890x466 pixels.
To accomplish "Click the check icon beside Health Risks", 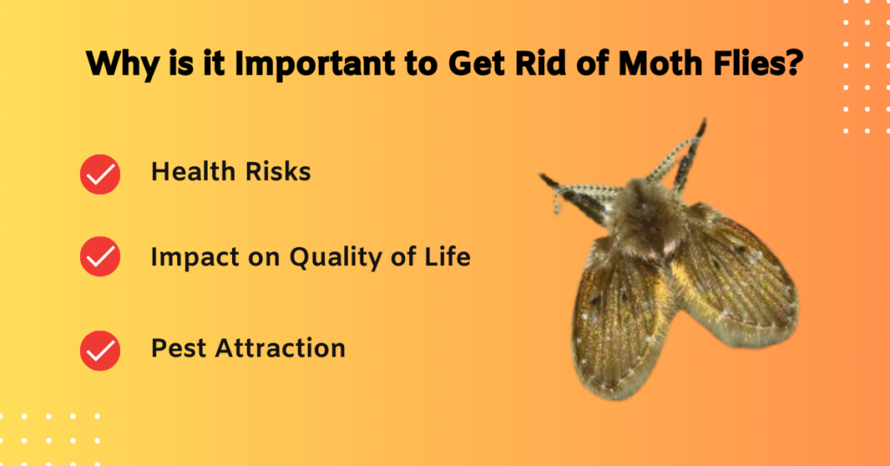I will pyautogui.click(x=100, y=174).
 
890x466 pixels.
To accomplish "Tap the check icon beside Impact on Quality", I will pyautogui.click(x=100, y=257).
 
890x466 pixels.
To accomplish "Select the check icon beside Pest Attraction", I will pyautogui.click(x=100, y=350).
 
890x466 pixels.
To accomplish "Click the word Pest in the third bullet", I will pyautogui.click(x=180, y=349).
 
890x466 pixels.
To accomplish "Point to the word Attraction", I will pyautogui.click(x=280, y=349).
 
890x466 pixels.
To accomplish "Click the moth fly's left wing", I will pyautogui.click(x=613, y=313).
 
